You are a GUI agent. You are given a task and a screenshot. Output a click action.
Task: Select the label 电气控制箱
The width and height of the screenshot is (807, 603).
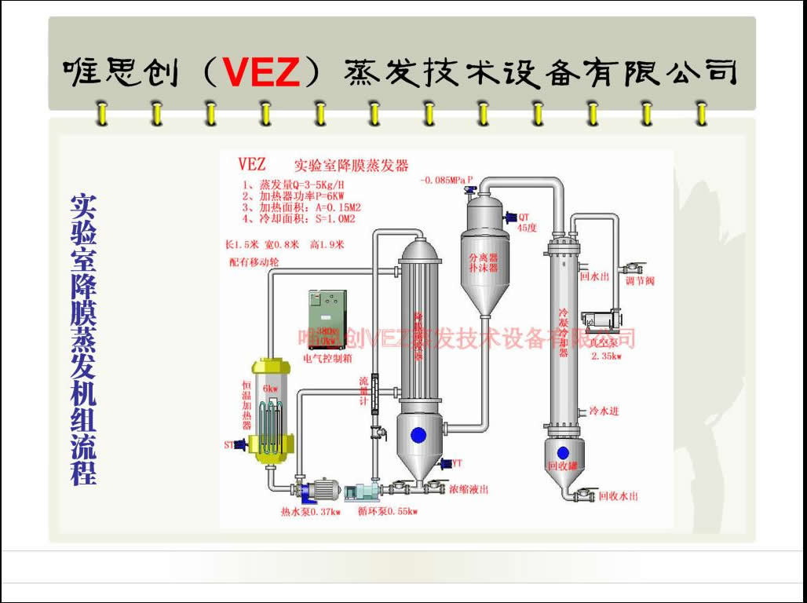point(327,358)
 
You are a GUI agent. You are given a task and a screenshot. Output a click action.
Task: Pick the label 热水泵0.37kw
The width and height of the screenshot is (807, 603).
point(311,512)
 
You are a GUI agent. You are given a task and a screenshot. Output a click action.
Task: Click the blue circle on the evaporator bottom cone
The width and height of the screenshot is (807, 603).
point(418,434)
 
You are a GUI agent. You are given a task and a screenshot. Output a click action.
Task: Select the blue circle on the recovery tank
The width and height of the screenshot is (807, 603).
point(563,452)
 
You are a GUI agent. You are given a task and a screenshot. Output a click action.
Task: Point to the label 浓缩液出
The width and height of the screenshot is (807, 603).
point(469,489)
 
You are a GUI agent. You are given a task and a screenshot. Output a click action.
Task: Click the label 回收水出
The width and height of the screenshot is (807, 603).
point(618,496)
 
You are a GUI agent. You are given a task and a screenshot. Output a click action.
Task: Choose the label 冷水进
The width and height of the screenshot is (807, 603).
point(604,411)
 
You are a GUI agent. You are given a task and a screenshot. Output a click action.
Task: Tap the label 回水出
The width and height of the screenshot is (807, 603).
point(594,276)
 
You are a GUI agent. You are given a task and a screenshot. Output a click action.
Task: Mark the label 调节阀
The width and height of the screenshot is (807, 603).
point(640,281)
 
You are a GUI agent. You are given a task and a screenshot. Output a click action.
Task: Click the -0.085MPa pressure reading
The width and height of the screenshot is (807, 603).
point(447,180)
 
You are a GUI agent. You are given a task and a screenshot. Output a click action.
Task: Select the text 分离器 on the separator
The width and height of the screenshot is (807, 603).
point(484,258)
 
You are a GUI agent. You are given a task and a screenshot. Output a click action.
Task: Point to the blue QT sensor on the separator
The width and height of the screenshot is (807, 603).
point(509,217)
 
